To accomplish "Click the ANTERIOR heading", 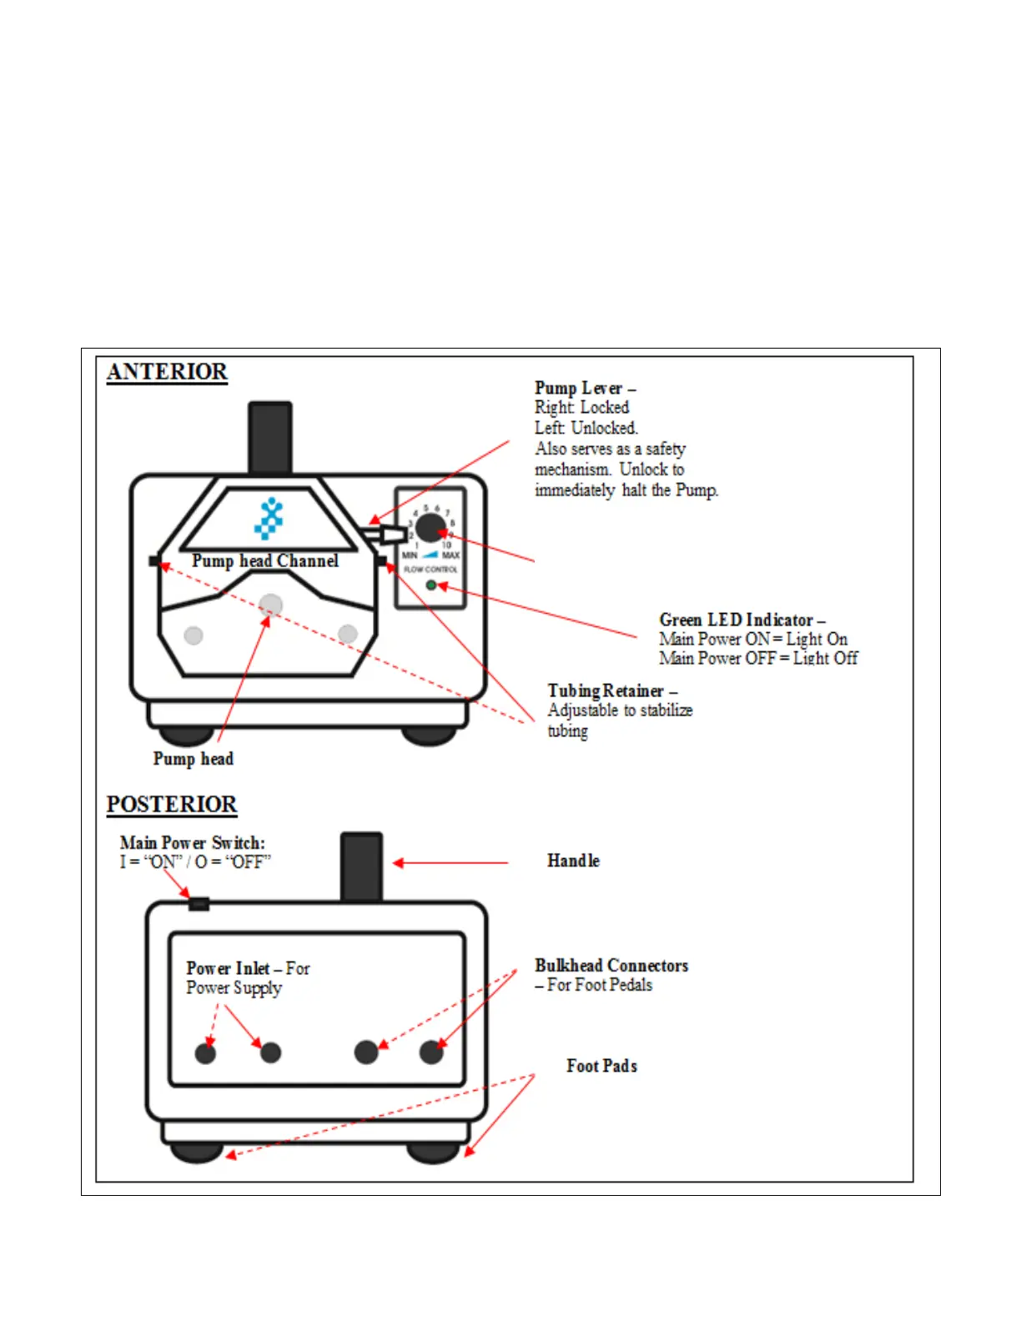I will [167, 372].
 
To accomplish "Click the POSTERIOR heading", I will [172, 805].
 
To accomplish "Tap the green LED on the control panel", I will [431, 585].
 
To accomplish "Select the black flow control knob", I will [430, 527].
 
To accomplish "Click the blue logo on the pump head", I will [269, 519].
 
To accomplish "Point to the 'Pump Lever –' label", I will [585, 389].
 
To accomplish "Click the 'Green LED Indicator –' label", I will [742, 620].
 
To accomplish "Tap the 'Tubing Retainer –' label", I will [612, 691].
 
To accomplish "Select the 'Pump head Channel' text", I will [265, 561].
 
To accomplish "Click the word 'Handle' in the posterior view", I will [573, 861].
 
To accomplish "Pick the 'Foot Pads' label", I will [601, 1067].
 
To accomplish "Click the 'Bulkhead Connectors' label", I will [611, 966].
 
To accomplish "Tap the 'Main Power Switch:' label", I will [193, 843].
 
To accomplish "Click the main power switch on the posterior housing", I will [199, 903].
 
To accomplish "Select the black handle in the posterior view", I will [361, 866].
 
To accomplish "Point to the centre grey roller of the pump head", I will [270, 605].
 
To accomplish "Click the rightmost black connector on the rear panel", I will [431, 1052].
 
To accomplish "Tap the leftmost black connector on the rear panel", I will [205, 1053].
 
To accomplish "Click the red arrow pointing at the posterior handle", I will [450, 863].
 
